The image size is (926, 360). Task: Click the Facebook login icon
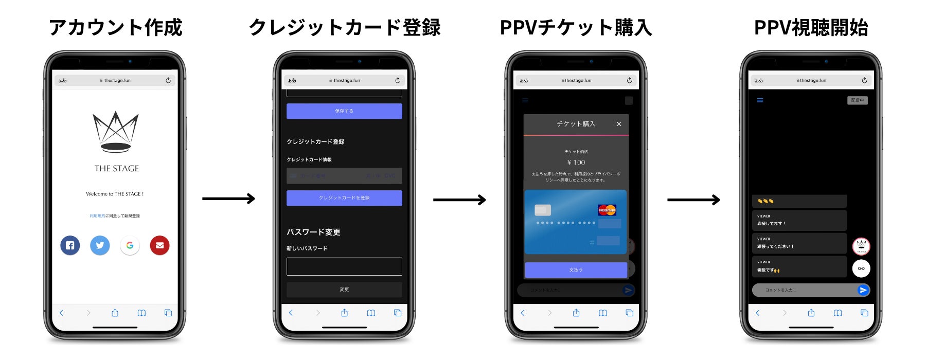(70, 245)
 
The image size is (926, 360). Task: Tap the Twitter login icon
(100, 245)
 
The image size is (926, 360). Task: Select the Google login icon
(130, 245)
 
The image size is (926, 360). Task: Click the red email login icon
(159, 245)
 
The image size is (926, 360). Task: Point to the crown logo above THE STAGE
(116, 132)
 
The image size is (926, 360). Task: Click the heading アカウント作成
(116, 27)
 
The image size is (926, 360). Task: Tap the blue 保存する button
(344, 111)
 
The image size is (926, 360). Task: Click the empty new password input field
(344, 266)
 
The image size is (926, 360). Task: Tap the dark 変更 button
(344, 290)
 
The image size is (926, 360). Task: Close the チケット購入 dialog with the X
(619, 124)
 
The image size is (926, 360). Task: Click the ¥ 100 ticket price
(576, 163)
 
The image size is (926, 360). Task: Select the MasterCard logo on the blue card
(607, 210)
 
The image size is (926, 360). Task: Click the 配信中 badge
(858, 100)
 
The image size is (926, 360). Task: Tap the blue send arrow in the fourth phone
(863, 290)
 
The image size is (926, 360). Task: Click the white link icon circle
(861, 268)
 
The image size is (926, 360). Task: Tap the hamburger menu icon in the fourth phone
(760, 100)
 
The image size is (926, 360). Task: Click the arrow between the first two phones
(228, 199)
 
